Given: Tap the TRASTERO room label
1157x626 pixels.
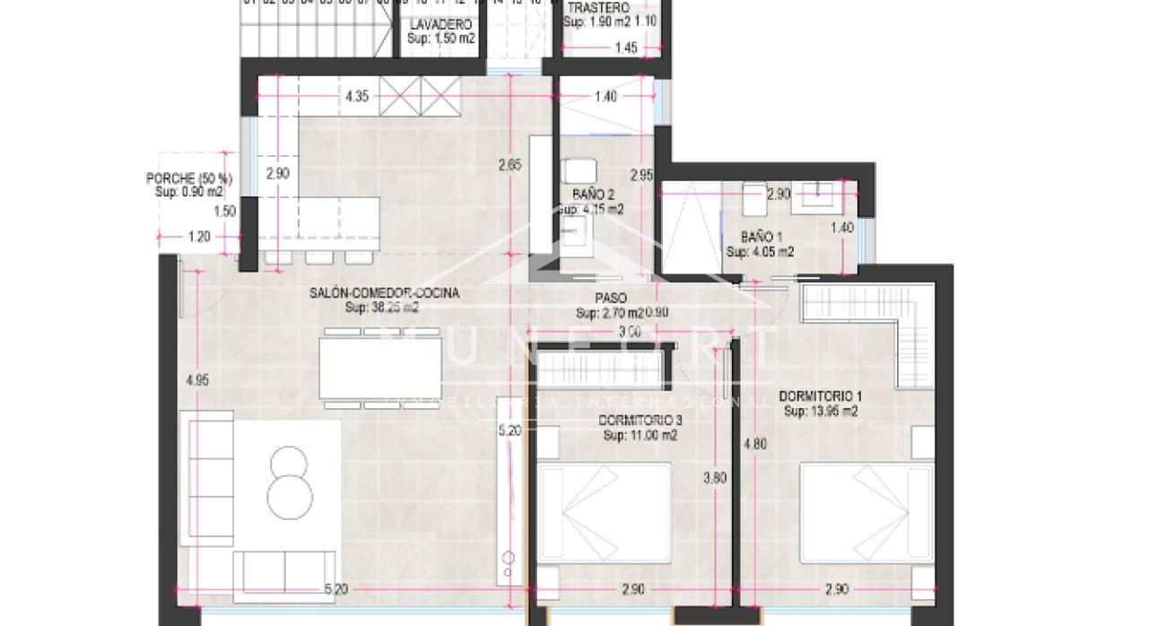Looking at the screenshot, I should tap(597, 7).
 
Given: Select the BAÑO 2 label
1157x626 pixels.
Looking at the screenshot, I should tap(593, 194).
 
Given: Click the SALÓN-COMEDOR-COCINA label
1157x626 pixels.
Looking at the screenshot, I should tap(384, 293).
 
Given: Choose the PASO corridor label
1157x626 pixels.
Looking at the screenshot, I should tap(610, 299).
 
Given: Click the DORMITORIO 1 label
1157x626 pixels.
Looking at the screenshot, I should tap(821, 396).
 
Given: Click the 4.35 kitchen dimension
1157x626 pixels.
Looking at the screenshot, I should tap(357, 97).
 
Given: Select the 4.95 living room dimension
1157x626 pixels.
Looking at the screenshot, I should tap(196, 380).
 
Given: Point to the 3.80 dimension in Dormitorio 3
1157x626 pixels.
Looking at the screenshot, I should tap(715, 478).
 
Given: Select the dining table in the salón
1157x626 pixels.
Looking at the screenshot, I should tap(380, 368).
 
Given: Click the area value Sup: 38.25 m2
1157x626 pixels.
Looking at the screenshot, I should tap(383, 307).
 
